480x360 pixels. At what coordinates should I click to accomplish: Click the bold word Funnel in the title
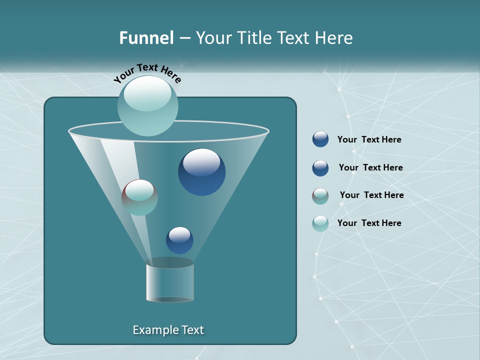click(x=146, y=38)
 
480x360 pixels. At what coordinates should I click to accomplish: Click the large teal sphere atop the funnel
click(x=147, y=105)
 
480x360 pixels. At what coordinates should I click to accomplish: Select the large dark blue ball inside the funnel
click(x=201, y=172)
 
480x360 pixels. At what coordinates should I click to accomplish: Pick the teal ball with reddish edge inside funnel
click(x=139, y=198)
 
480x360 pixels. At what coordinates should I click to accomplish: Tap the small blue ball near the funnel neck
click(x=179, y=240)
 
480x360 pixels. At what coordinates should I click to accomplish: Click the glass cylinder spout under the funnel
click(x=169, y=282)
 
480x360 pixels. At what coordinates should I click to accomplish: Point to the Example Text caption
click(x=168, y=330)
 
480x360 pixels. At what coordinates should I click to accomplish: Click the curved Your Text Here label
click(x=147, y=73)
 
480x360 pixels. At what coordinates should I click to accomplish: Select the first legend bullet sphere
click(x=320, y=139)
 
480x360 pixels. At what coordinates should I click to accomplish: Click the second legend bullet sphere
click(x=320, y=168)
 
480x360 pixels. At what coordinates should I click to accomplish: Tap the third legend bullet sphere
click(x=320, y=196)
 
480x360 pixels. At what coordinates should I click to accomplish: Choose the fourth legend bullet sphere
click(x=320, y=223)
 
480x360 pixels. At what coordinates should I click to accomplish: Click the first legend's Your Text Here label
click(x=369, y=140)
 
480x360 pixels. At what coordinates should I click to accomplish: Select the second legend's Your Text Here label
click(x=370, y=168)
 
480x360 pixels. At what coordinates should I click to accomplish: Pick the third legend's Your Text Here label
click(x=371, y=195)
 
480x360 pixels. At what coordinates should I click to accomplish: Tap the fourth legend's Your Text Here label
click(x=369, y=223)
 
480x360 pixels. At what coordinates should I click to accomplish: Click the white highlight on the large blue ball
click(x=201, y=162)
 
